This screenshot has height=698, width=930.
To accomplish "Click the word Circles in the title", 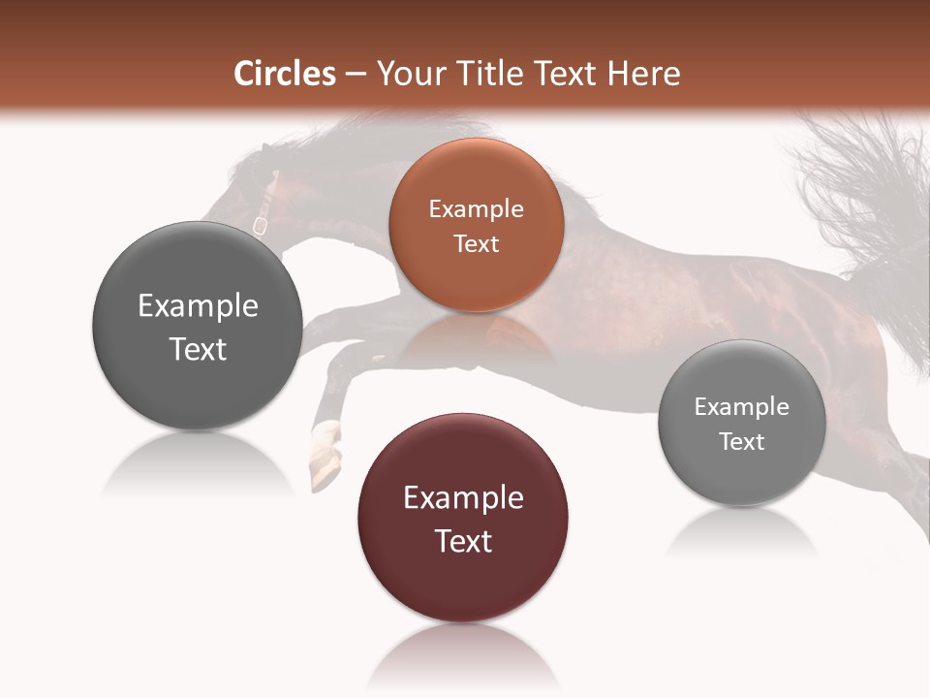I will (x=284, y=74).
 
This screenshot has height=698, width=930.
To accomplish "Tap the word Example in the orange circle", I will (x=476, y=209).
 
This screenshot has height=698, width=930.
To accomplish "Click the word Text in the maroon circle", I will (x=463, y=541).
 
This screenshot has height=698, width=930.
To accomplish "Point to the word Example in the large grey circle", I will (x=198, y=306).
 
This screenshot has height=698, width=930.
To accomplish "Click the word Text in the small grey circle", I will (x=742, y=442).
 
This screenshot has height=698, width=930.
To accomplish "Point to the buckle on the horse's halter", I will (x=260, y=225).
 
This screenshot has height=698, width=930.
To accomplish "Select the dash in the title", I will (x=356, y=75).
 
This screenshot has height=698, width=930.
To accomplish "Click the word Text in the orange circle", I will (x=476, y=244).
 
